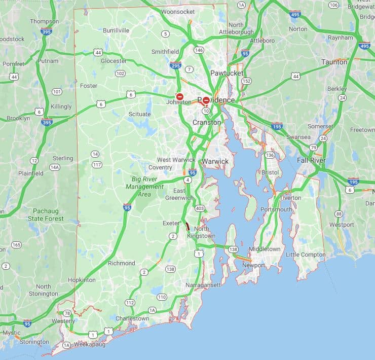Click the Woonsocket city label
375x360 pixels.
click(178, 12)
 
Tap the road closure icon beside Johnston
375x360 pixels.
click(179, 96)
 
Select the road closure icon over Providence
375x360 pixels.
click(206, 100)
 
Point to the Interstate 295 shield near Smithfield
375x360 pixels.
click(175, 65)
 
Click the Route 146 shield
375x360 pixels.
click(199, 50)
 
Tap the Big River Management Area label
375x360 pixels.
click(144, 187)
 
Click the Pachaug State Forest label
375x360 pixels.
click(49, 214)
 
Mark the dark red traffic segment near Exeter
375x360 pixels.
click(187, 226)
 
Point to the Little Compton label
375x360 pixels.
click(306, 255)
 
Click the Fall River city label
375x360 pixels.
click(311, 160)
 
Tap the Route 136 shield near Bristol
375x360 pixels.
click(270, 155)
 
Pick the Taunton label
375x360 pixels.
click(334, 62)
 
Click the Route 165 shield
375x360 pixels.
click(16, 245)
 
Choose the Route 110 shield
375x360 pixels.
click(162, 297)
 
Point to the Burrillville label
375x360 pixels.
click(116, 30)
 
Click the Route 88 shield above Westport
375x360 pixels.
click(339, 213)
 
